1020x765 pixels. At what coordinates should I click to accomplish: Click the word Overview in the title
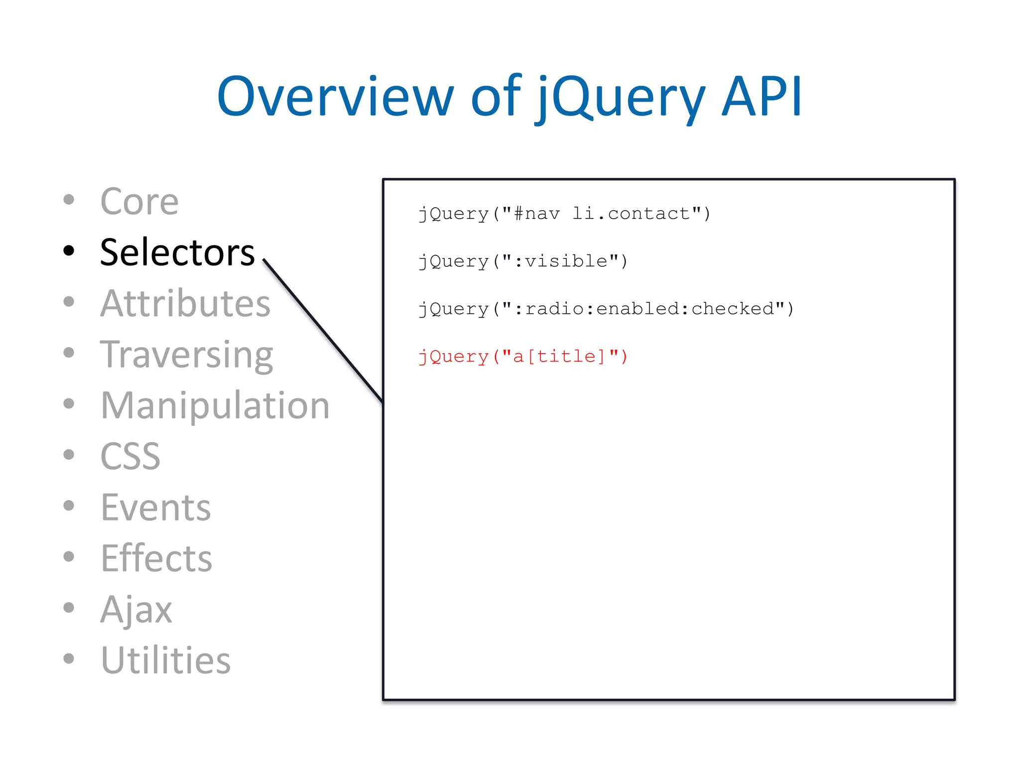335,97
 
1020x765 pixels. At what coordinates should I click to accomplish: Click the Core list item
139,202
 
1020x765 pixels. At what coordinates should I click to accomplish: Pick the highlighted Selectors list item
177,253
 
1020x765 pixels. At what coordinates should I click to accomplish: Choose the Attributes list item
185,303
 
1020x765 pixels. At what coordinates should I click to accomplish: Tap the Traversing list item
186,355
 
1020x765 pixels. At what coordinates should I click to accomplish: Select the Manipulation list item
215,405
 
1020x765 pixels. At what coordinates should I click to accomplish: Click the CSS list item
130,456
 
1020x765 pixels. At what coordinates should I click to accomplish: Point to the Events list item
155,508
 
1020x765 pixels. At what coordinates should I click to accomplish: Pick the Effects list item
156,558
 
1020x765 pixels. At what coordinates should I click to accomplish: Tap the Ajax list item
136,609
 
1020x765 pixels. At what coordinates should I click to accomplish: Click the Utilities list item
165,660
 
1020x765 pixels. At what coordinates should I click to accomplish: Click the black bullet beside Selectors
69,251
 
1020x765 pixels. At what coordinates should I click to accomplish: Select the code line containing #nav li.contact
564,214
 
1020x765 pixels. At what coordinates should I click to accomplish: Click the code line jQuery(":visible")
523,261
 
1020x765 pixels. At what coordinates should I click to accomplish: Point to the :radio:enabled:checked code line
606,309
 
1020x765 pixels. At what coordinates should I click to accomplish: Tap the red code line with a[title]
523,357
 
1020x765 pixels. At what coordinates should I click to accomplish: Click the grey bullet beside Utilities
69,658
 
